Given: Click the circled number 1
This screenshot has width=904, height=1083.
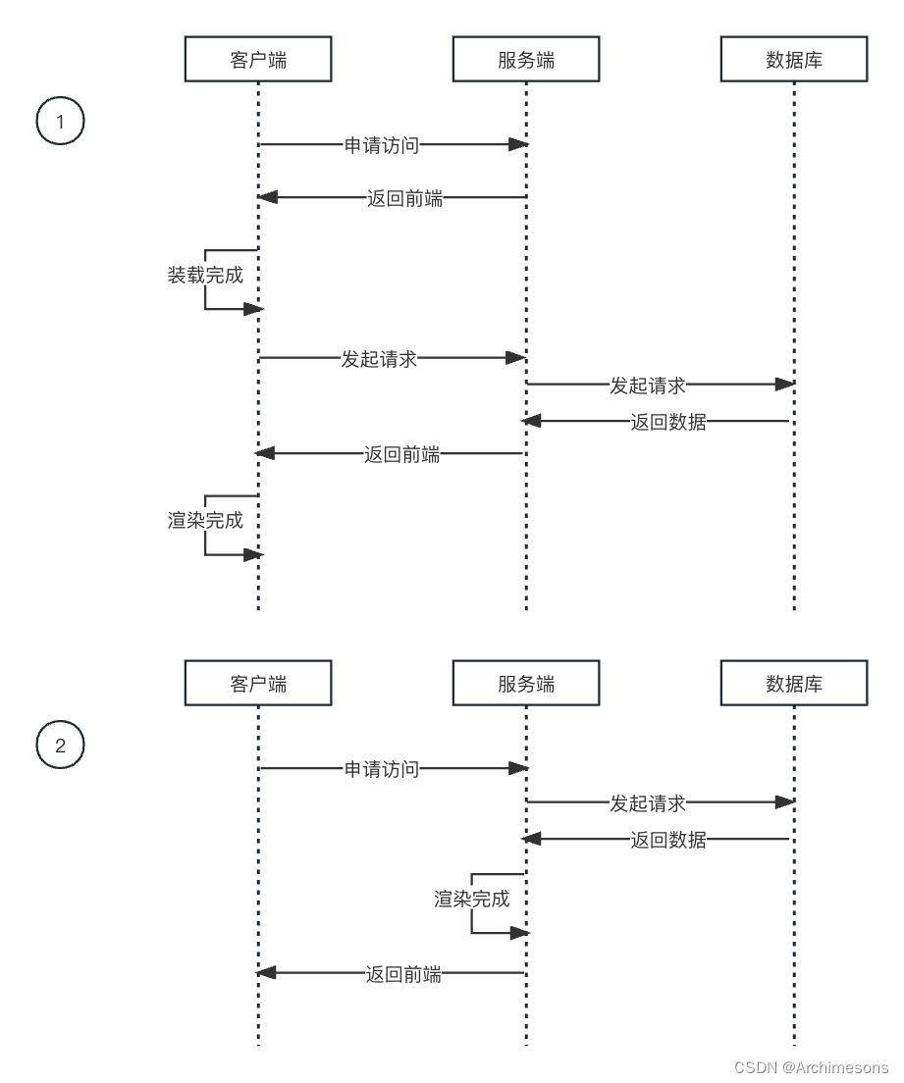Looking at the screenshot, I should tap(60, 123).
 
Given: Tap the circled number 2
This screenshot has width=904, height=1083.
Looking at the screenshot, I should tap(60, 746).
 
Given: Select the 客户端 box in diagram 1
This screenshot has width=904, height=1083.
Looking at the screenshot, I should tap(258, 60).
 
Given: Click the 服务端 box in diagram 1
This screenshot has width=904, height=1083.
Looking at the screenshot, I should tap(526, 60).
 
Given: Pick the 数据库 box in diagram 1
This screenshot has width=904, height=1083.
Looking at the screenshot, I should tap(794, 60).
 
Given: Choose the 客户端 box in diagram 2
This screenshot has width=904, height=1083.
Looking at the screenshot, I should tap(258, 684).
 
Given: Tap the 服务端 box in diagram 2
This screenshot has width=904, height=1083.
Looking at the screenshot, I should tap(526, 684).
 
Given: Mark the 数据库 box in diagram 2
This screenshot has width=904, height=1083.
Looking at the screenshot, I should tap(794, 684).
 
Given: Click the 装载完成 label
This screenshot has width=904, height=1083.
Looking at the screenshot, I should tap(205, 276).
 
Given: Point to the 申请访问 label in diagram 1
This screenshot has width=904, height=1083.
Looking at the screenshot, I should tap(382, 145).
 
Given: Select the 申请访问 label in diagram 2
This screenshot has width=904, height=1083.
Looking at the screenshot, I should tap(382, 769).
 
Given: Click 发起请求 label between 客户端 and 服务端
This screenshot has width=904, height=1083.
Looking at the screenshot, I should tap(379, 358).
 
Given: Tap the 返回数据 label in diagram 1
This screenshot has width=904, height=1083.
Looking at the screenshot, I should tap(668, 423).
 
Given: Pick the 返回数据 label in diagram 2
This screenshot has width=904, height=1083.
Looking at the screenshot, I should tap(668, 840).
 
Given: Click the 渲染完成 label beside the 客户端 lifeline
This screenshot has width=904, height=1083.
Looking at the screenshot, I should tap(205, 521).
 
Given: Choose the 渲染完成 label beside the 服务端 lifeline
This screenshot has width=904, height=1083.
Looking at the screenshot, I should tap(472, 899).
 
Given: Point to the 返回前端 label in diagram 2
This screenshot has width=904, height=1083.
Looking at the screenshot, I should tap(403, 974).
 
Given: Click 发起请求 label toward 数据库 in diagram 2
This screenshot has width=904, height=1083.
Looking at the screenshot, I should tap(648, 803).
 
